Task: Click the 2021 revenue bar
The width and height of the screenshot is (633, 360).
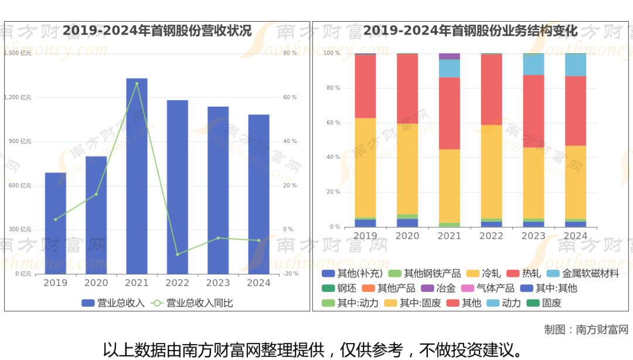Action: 137,176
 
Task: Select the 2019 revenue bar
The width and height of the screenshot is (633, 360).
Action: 56,223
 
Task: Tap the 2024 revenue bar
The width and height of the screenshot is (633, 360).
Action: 258,193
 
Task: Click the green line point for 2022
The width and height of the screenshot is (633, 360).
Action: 178,254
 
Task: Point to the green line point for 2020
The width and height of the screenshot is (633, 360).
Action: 96,194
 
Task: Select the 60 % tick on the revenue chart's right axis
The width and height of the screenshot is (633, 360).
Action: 290,97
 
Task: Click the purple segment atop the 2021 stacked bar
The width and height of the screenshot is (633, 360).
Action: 450,56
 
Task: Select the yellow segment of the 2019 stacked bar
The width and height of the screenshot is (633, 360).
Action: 365,168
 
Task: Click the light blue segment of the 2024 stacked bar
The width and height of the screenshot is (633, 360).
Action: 576,64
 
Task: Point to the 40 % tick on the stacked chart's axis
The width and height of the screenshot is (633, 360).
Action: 332,157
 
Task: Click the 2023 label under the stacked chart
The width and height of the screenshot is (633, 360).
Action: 533,236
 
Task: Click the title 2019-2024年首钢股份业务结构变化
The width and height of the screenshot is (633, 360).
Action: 470,30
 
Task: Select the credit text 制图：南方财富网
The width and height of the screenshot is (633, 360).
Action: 586,330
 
